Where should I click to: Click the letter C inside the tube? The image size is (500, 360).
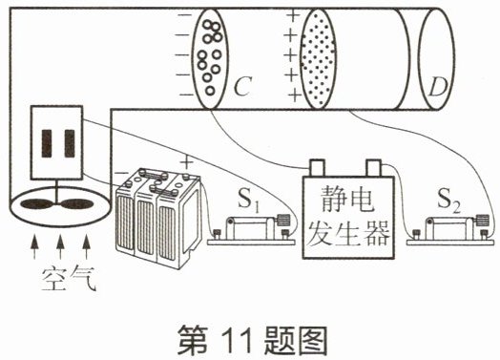click(242, 86)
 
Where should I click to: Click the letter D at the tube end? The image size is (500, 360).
click(438, 87)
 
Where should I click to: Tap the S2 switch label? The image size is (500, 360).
click(448, 201)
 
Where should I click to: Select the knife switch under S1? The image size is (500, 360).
click(251, 230)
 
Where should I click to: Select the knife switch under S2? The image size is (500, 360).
click(450, 230)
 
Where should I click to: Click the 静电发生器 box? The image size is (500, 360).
click(348, 217)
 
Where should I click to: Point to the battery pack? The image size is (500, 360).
click(158, 217)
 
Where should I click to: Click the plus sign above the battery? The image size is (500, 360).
click(186, 162)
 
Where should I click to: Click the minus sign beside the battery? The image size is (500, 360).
click(120, 173)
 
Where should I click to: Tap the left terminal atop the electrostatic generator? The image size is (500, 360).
click(317, 168)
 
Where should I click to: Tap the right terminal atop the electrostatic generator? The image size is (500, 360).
click(374, 168)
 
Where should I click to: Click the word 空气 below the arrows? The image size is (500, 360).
click(69, 279)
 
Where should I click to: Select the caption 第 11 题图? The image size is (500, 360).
click(253, 340)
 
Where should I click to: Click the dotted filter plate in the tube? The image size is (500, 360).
click(318, 59)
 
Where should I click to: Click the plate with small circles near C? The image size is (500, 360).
click(210, 59)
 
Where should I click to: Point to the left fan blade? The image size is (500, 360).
click(35, 204)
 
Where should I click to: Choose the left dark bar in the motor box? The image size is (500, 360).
click(47, 143)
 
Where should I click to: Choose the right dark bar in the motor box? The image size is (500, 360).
click(70, 143)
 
